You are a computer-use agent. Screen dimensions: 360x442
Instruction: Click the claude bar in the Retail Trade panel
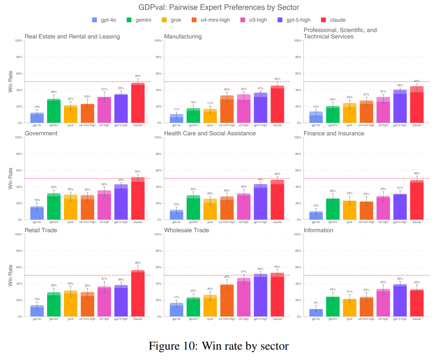[x=138, y=294]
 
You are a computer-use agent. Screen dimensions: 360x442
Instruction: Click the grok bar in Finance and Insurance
[x=350, y=210]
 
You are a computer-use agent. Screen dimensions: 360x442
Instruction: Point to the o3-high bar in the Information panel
[x=383, y=303]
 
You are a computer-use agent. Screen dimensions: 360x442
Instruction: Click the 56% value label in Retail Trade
[x=138, y=263]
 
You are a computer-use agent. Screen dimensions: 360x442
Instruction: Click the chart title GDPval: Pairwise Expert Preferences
[x=219, y=7]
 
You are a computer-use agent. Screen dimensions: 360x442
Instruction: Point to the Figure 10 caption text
[x=219, y=346]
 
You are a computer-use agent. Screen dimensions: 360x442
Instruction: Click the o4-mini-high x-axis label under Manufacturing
[x=227, y=126]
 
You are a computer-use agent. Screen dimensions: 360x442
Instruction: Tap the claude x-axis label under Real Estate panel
[x=138, y=126]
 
